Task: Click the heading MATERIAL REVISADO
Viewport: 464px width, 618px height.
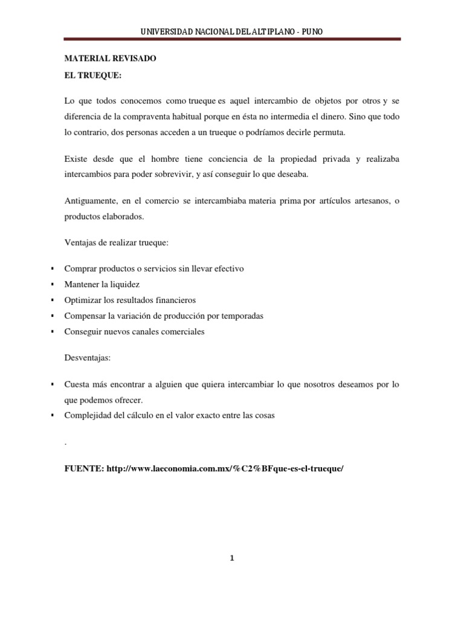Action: [110, 59]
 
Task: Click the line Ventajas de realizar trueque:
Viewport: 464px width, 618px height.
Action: [116, 243]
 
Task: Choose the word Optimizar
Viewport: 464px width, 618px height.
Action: [82, 300]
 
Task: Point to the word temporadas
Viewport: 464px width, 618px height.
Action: [241, 316]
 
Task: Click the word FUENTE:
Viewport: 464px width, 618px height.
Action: [84, 468]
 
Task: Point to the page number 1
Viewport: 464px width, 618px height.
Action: [231, 558]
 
